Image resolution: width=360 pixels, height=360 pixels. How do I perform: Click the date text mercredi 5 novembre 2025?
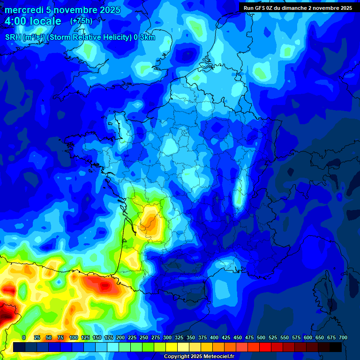pos(62,10)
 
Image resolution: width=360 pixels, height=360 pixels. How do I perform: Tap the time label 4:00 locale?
pos(33,22)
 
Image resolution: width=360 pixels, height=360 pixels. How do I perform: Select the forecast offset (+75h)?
pos(81,21)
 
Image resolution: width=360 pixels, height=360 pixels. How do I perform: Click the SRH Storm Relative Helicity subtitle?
pos(80,37)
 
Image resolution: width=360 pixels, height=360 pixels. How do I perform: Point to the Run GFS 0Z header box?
pos(298,7)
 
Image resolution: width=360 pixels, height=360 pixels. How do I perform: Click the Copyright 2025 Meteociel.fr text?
pos(199,357)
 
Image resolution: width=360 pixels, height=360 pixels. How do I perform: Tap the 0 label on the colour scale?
pos(24,337)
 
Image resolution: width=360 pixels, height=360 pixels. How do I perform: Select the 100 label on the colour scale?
pos(74,337)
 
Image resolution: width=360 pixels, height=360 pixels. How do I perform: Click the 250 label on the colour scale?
pos(144,337)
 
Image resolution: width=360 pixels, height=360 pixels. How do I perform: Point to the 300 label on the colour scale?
pos(167,337)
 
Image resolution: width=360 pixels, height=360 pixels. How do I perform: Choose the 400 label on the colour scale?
pos(214,337)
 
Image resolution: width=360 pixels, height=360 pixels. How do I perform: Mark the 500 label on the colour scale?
pos(261,337)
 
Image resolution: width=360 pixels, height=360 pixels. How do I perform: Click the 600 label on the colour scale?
pos(308,337)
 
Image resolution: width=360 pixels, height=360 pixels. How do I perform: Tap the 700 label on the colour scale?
pos(343,337)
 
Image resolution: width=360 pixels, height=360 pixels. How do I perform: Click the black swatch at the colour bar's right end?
pos(336,347)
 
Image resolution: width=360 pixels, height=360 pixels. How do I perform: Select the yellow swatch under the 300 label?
pos(172,347)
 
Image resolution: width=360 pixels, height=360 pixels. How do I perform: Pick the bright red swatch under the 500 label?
pos(265,347)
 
